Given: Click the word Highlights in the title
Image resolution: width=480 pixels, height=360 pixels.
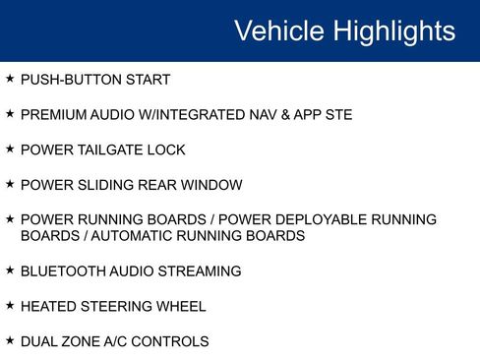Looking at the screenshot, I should pyautogui.click(x=394, y=31).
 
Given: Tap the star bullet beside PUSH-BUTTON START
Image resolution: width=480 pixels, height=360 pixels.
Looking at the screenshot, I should pyautogui.click(x=10, y=79).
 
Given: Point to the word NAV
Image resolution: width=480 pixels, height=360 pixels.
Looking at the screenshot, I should pyautogui.click(x=279, y=115).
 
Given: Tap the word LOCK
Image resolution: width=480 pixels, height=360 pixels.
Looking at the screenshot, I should pyautogui.click(x=166, y=150).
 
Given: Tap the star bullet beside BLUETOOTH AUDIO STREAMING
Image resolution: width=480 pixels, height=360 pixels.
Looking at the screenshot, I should pyautogui.click(x=10, y=270).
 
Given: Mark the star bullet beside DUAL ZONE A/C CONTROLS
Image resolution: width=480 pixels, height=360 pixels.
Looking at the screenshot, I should pyautogui.click(x=10, y=341).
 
